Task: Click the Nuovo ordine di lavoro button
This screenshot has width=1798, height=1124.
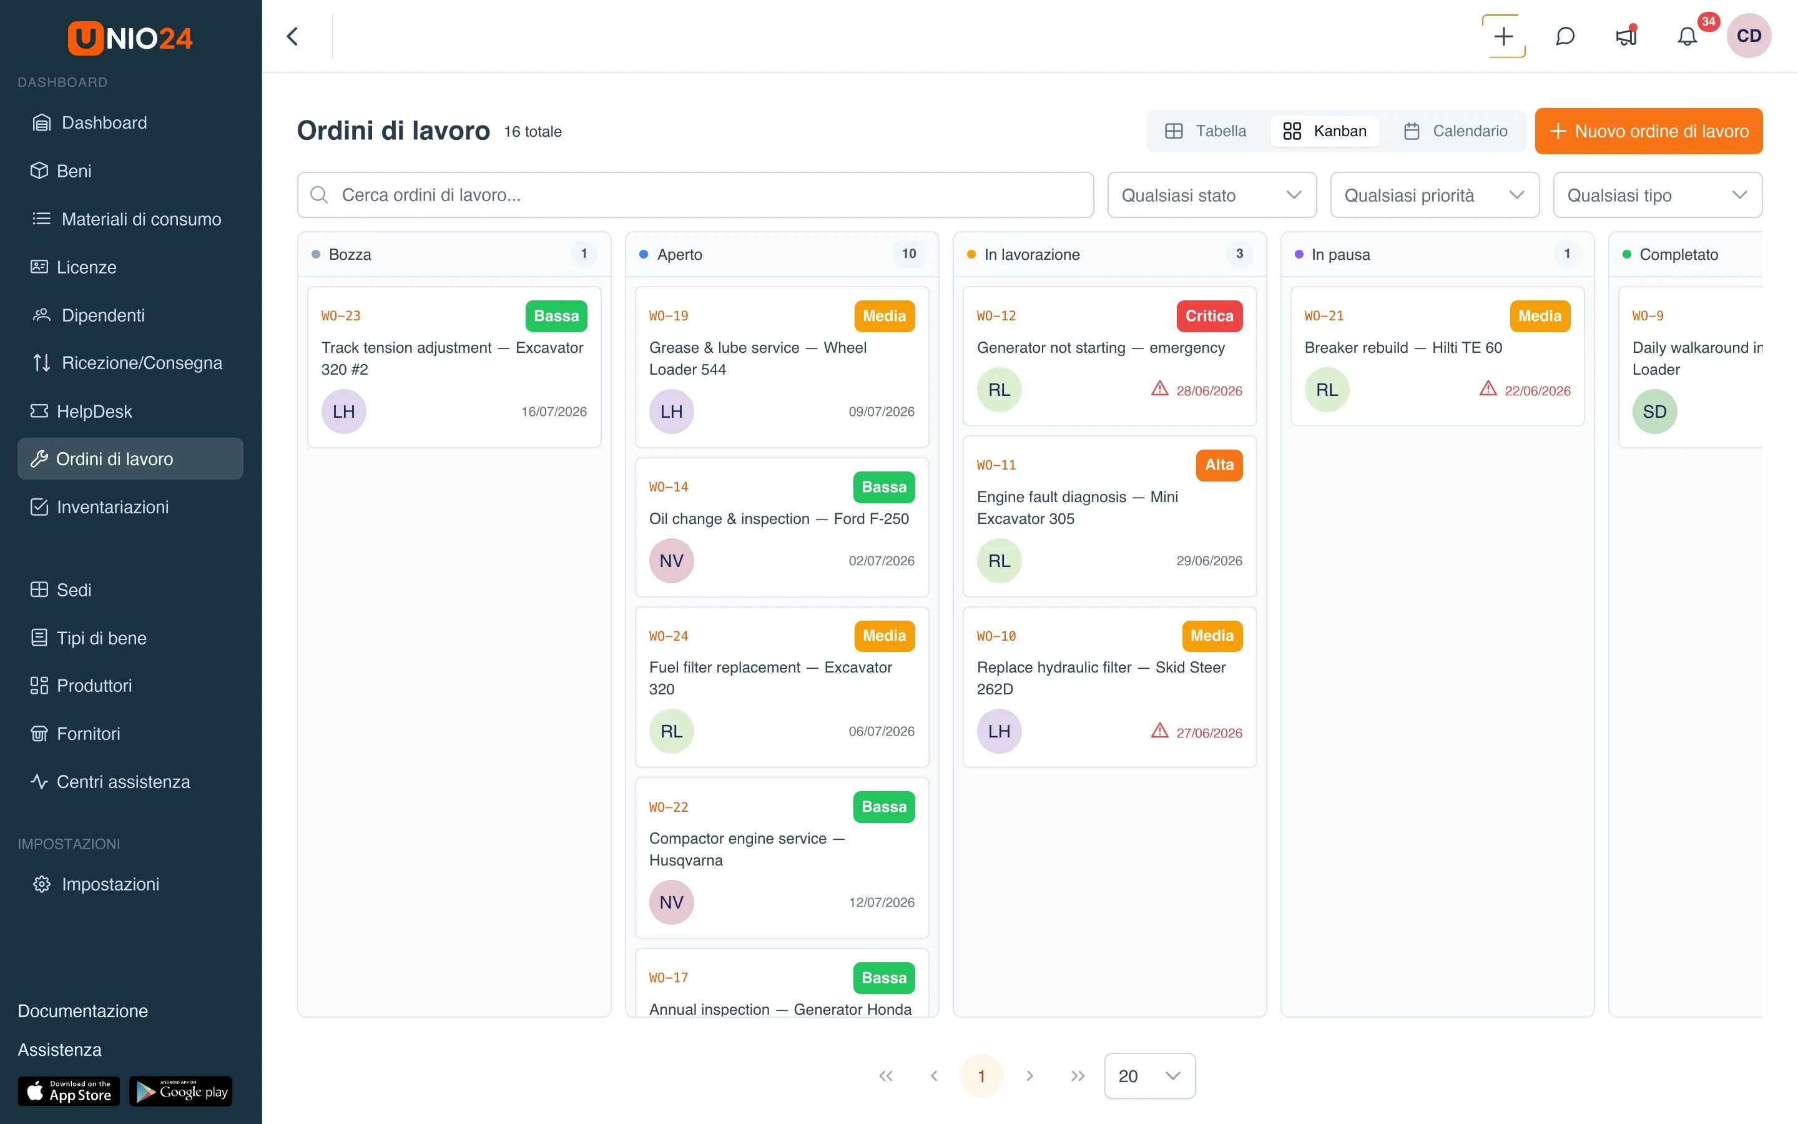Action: point(1648,131)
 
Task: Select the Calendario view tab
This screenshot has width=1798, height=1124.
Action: point(1455,131)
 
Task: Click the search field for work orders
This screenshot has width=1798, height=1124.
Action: point(695,195)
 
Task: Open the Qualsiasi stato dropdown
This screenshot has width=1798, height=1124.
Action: point(1212,195)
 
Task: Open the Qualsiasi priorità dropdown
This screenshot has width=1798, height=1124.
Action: point(1435,195)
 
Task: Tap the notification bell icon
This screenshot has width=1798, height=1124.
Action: point(1687,36)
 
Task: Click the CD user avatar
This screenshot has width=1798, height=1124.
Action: point(1749,36)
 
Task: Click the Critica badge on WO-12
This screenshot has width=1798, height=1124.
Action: point(1209,316)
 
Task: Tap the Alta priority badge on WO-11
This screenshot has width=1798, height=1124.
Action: point(1219,465)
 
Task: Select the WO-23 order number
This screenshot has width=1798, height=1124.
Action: point(341,316)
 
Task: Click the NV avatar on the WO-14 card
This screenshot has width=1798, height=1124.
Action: point(672,561)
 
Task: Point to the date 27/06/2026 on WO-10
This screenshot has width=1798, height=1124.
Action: point(1209,733)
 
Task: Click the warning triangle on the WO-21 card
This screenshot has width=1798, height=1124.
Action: point(1488,389)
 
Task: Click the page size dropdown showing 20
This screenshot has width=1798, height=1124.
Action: point(1149,1076)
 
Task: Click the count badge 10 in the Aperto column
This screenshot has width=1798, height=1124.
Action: point(908,254)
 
